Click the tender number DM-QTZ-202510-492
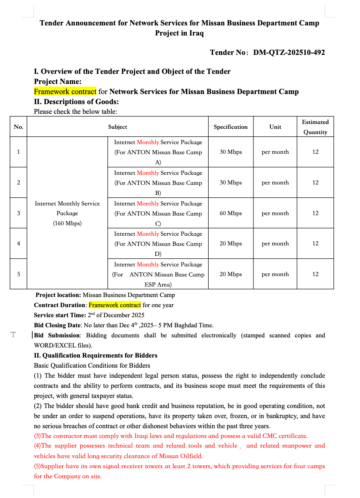click(x=289, y=52)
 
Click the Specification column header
click(x=230, y=127)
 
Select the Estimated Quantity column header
click(x=315, y=127)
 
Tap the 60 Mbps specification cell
click(x=230, y=213)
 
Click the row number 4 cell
click(x=19, y=243)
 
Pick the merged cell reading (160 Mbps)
click(x=67, y=223)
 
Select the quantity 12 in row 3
click(x=315, y=213)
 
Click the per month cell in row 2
click(x=275, y=182)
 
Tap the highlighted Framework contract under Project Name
click(x=65, y=92)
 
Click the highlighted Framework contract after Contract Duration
click(x=115, y=305)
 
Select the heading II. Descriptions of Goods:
click(x=76, y=102)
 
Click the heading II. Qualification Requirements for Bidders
click(x=96, y=356)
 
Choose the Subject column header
click(x=117, y=127)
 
